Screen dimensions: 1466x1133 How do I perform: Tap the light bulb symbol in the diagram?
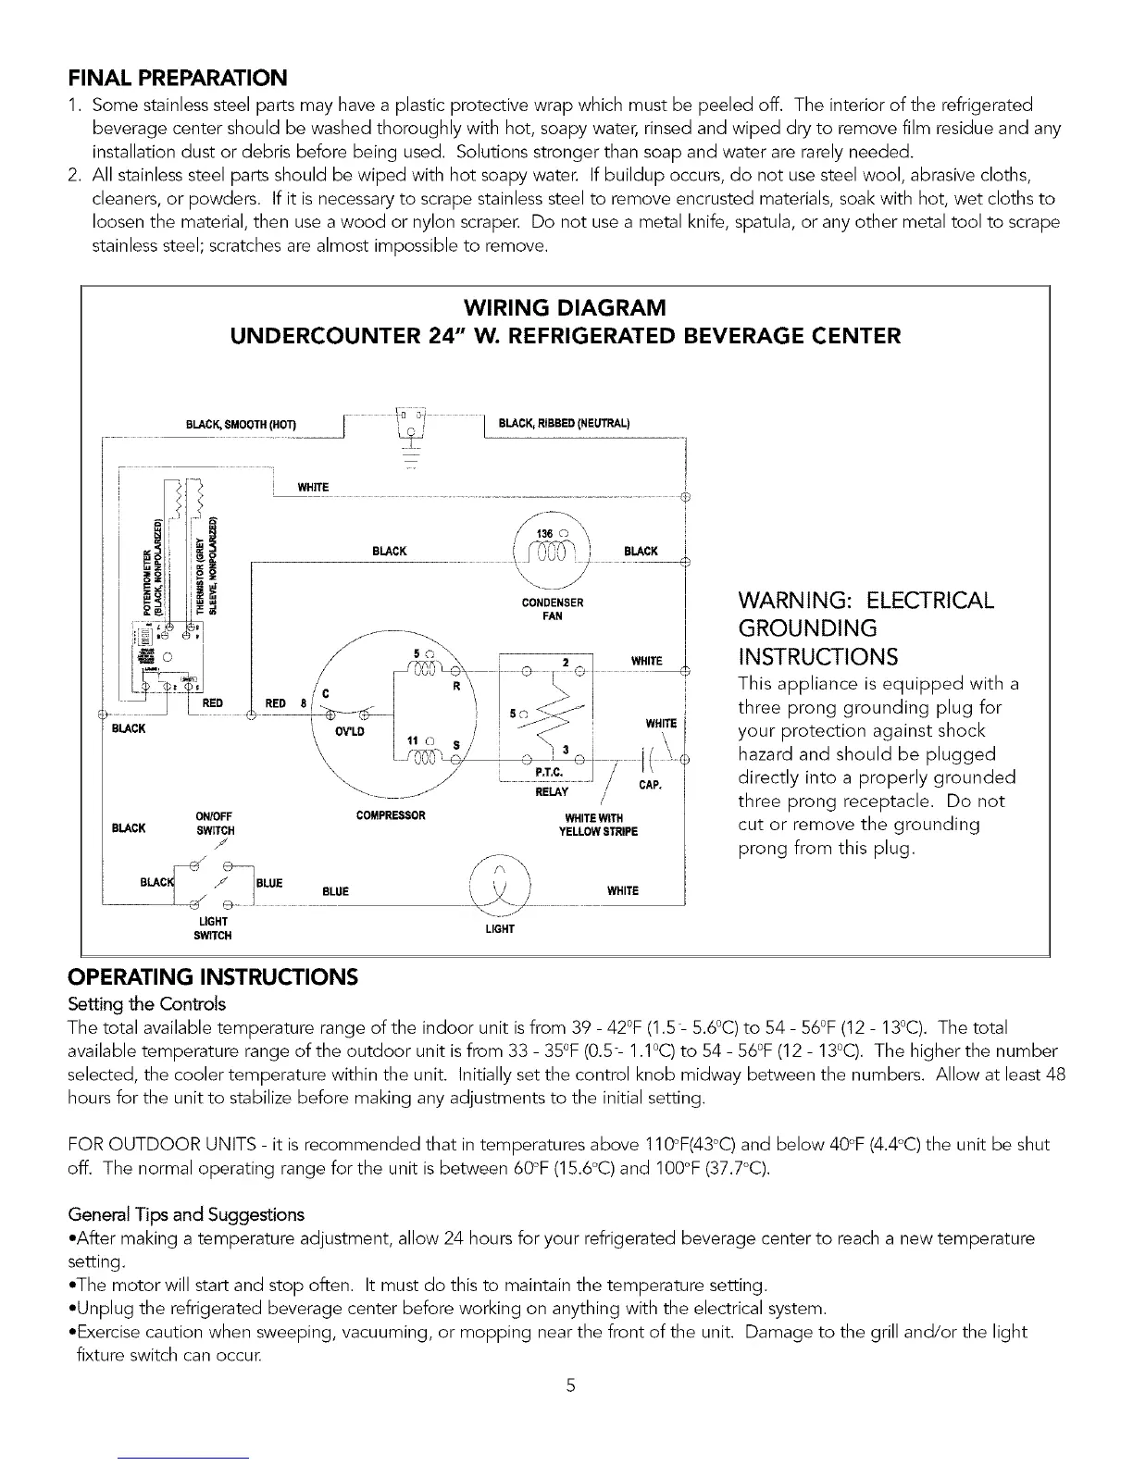[x=500, y=889]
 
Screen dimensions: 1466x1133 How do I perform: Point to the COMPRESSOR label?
[x=391, y=815]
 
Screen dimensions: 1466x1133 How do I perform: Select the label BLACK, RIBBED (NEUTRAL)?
[x=564, y=424]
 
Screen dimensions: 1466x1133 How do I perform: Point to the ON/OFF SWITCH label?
[x=215, y=823]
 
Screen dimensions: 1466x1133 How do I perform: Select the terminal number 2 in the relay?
[x=564, y=662]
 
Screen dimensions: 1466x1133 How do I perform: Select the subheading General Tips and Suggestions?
[x=186, y=1214]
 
